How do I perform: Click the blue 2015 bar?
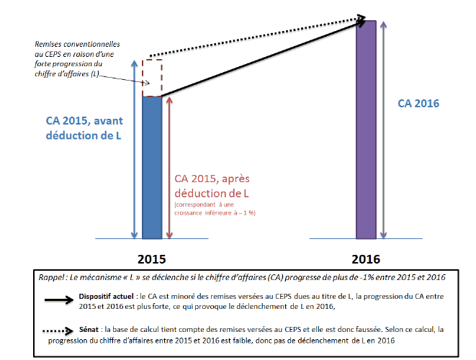[152, 167]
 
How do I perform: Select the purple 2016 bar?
[367, 130]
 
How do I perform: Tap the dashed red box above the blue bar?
[152, 78]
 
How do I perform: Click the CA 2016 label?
[418, 104]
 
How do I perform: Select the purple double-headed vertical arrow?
[387, 130]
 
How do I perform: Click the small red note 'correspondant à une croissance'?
[214, 209]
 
